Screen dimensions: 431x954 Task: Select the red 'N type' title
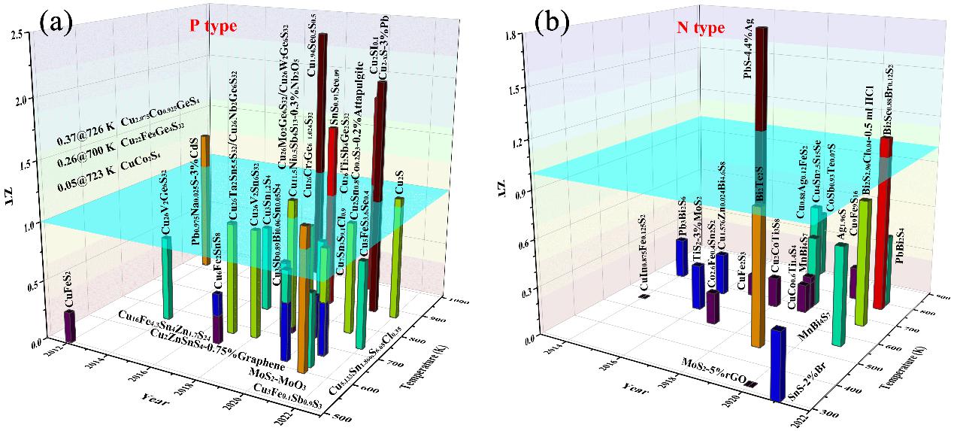(701, 29)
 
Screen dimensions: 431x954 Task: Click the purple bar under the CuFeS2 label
(69, 326)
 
